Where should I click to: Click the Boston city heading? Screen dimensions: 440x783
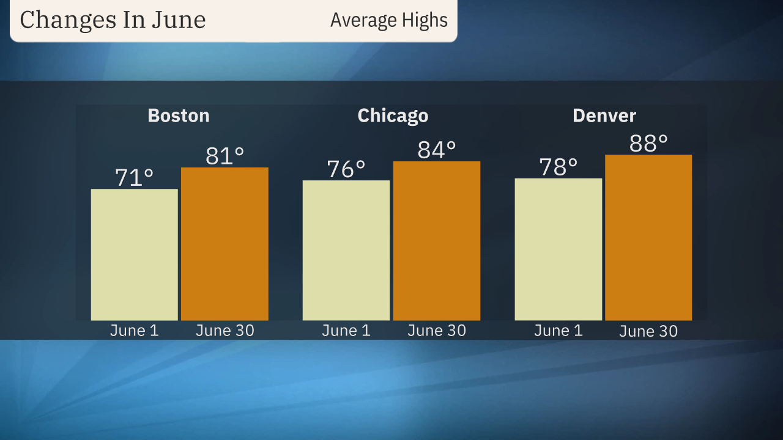coord(179,116)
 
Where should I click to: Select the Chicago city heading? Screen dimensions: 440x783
coord(393,116)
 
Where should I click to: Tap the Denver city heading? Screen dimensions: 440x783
coord(604,116)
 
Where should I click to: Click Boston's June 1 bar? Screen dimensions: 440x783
coord(135,254)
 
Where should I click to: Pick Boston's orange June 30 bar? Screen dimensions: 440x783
coord(225,244)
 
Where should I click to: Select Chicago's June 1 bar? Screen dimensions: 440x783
coord(346,250)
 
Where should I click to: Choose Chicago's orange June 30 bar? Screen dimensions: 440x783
coord(437,241)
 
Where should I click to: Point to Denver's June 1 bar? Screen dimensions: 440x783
coord(558,249)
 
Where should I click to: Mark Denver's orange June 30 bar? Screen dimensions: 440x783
coord(648,237)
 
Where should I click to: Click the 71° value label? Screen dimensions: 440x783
coord(135,178)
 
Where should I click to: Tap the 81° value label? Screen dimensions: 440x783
coord(225,156)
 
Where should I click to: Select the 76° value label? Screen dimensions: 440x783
coord(346,169)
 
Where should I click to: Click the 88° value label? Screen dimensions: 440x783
coord(648,144)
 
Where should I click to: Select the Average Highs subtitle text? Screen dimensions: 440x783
coord(389,20)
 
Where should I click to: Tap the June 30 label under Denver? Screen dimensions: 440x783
coord(648,331)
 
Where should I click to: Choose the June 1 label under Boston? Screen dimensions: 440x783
coord(135,331)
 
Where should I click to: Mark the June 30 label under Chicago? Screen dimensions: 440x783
coord(437,331)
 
